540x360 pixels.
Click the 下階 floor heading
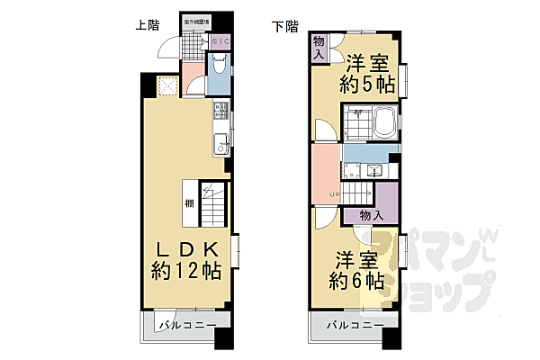(x=284, y=26)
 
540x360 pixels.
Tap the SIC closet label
(x=220, y=41)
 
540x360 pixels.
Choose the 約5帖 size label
(x=368, y=85)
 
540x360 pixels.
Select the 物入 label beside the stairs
(x=371, y=216)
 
